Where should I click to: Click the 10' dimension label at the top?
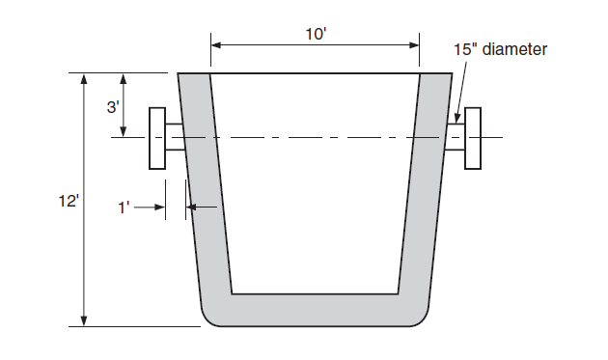click(x=315, y=34)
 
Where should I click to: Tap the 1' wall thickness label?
click(x=124, y=207)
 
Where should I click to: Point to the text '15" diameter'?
click(x=502, y=47)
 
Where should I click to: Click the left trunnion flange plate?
click(x=156, y=138)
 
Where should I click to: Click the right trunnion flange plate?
click(x=473, y=138)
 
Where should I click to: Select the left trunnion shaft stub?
click(x=174, y=138)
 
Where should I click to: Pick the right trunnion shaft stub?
click(x=456, y=138)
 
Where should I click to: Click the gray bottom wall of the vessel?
click(x=315, y=310)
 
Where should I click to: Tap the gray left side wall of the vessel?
click(x=206, y=193)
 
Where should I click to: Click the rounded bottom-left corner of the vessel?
click(x=208, y=317)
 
